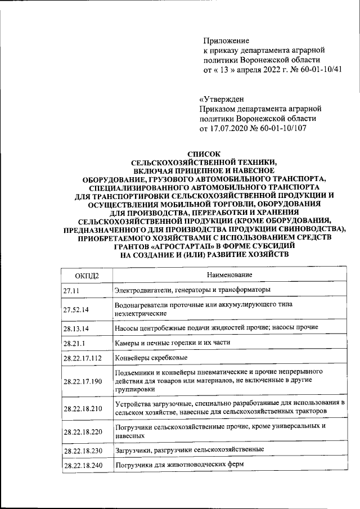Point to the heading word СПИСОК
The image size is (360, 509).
click(203, 152)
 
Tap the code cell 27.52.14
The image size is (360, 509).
click(77, 309)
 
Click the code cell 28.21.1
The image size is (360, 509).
click(75, 343)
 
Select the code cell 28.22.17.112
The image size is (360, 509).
click(83, 358)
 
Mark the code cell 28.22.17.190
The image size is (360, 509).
click(83, 381)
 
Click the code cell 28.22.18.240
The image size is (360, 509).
click(83, 466)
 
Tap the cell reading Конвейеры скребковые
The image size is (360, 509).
click(150, 358)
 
